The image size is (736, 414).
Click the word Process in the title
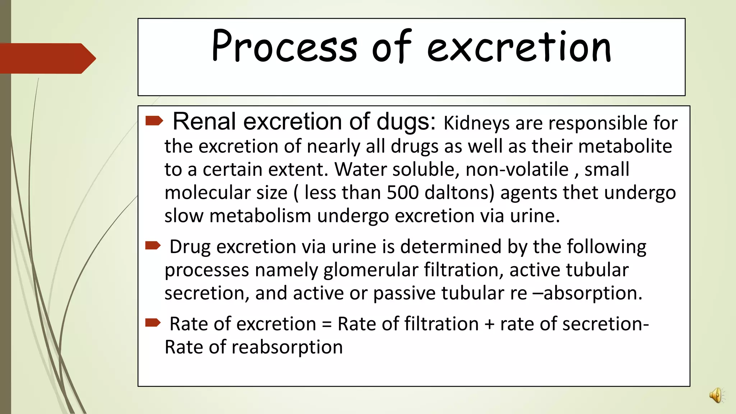click(x=284, y=47)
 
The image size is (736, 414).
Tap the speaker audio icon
click(x=716, y=395)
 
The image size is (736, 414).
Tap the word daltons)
click(x=460, y=193)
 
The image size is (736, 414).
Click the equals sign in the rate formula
click(x=327, y=324)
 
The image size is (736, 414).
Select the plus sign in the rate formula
click(x=489, y=324)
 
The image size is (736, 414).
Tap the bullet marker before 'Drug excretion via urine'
click(x=153, y=246)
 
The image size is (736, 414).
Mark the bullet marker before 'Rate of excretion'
click(x=153, y=323)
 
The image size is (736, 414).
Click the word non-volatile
click(x=517, y=169)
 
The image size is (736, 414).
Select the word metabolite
click(x=625, y=146)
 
